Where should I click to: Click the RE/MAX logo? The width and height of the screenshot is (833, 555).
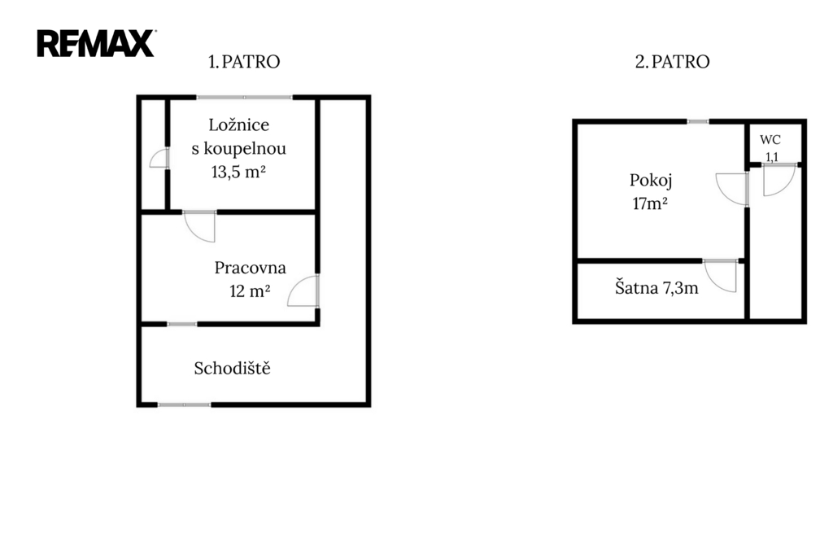(96, 43)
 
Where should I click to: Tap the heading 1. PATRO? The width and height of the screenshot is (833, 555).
(244, 62)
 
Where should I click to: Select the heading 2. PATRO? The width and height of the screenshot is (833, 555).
(672, 62)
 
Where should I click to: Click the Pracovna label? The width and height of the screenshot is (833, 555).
(250, 268)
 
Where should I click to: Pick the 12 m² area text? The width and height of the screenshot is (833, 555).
(250, 291)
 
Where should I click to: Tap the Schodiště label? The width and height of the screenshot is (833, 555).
(232, 369)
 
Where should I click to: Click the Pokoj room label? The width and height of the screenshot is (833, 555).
(651, 180)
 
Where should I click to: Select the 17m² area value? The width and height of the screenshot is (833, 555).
(650, 203)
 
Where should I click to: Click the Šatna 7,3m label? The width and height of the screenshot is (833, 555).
(656, 287)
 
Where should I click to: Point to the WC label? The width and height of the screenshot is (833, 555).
(770, 140)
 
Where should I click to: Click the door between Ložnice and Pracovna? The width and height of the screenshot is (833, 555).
(200, 225)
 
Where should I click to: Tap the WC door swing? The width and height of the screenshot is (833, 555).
(775, 181)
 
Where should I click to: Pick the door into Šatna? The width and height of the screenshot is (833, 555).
(722, 275)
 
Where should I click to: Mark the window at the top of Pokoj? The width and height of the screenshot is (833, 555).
(697, 122)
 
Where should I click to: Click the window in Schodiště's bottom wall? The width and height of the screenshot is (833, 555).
(183, 404)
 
